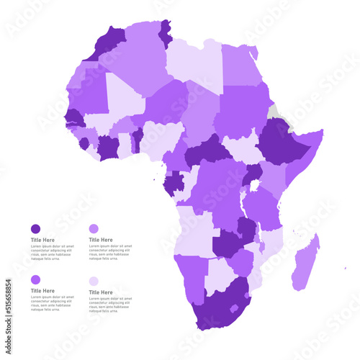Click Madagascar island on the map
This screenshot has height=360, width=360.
pos(306,264)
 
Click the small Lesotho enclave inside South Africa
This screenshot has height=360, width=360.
pos(233,308)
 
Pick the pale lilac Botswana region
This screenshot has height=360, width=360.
pos(220,274)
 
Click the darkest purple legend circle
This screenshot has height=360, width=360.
pos(35,228)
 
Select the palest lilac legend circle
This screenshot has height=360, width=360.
pos(94,282)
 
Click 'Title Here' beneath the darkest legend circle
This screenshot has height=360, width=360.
pos(42,240)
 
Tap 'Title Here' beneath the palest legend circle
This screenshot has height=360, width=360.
pos(101,292)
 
